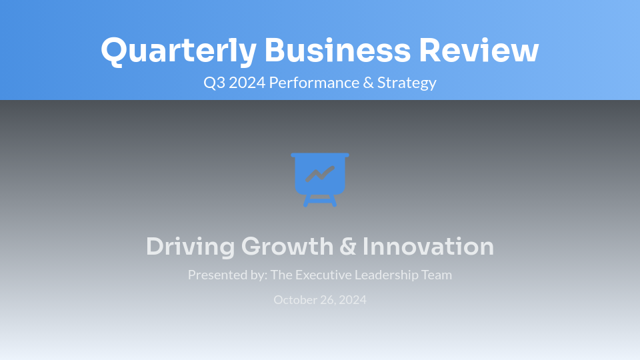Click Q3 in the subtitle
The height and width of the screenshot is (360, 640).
pos(214,83)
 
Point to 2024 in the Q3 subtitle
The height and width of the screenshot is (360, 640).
pos(247,83)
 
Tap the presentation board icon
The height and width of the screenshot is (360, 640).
pos(320,179)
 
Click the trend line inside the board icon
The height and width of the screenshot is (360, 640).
pos(320,175)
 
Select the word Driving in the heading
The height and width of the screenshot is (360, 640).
pos(190,247)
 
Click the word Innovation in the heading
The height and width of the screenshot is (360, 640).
pos(428,247)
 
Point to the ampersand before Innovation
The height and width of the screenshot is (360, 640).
pos(347,247)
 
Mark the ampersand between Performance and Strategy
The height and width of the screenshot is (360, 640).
pos(367,83)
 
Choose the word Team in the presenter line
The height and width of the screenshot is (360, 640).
pos(437,275)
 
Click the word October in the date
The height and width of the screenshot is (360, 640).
pos(295,300)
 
